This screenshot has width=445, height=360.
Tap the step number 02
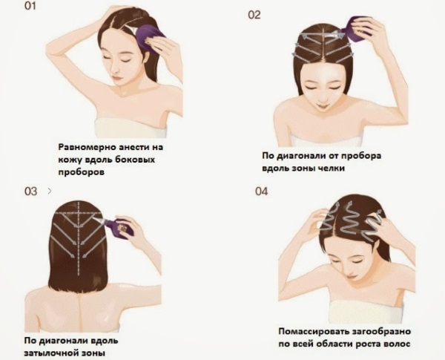[254, 15]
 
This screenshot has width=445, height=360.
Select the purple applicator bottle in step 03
[122, 226]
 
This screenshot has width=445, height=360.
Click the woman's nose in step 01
[118, 71]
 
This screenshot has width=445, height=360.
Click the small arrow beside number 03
[49, 191]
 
